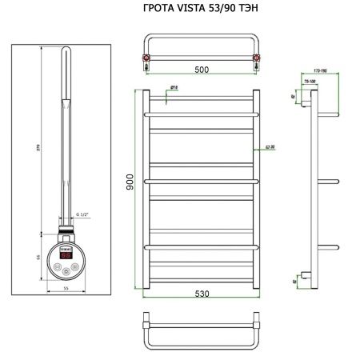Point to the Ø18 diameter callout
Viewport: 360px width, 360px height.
click(x=174, y=86)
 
